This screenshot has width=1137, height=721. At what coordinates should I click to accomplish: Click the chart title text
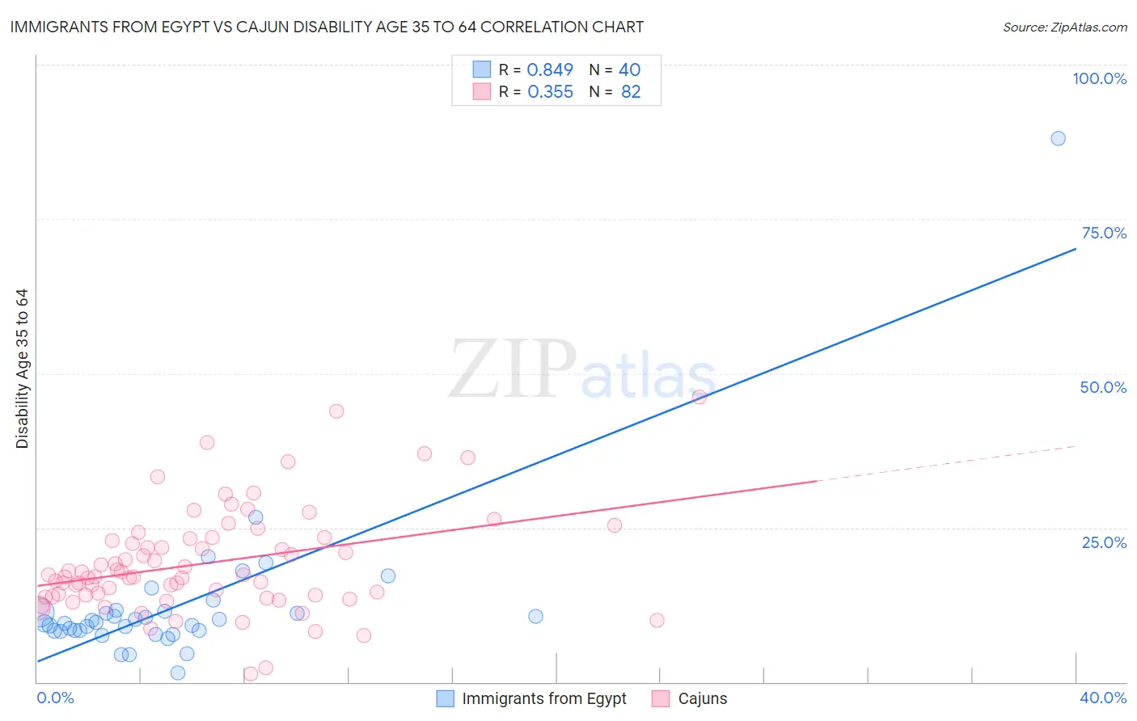click(x=327, y=27)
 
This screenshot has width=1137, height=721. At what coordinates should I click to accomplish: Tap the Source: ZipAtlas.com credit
click(x=1064, y=27)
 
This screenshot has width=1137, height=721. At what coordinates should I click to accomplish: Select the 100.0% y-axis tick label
click(x=1099, y=78)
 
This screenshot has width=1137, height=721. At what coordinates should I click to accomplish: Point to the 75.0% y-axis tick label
click(x=1104, y=233)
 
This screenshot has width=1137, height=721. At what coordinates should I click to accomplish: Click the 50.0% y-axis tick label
click(x=1103, y=387)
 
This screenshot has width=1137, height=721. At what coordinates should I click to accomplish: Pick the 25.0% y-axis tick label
click(x=1104, y=542)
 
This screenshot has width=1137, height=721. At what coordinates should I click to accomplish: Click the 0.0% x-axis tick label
click(x=55, y=698)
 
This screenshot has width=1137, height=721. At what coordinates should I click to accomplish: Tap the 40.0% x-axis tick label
click(x=1103, y=698)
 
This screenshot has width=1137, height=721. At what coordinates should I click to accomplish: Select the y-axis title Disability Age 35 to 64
click(x=22, y=369)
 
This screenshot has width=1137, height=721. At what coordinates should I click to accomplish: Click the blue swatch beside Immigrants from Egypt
click(x=445, y=698)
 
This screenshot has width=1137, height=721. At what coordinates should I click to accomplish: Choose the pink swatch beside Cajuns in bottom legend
click(x=661, y=698)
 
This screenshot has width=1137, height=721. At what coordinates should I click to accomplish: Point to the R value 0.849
click(x=550, y=70)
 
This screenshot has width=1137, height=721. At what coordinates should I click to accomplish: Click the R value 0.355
click(x=550, y=92)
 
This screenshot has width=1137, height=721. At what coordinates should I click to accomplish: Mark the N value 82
click(x=631, y=92)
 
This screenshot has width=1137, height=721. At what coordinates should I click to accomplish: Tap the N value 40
click(x=629, y=70)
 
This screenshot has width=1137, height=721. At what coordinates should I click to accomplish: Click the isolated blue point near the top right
click(x=1058, y=138)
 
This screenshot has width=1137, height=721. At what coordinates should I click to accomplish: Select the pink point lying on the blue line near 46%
click(x=700, y=397)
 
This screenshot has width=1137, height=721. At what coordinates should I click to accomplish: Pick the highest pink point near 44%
click(x=336, y=411)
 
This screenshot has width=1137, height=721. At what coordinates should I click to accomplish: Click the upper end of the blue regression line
click(x=1075, y=249)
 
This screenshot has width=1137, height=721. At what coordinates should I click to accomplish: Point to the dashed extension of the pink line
click(x=946, y=463)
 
